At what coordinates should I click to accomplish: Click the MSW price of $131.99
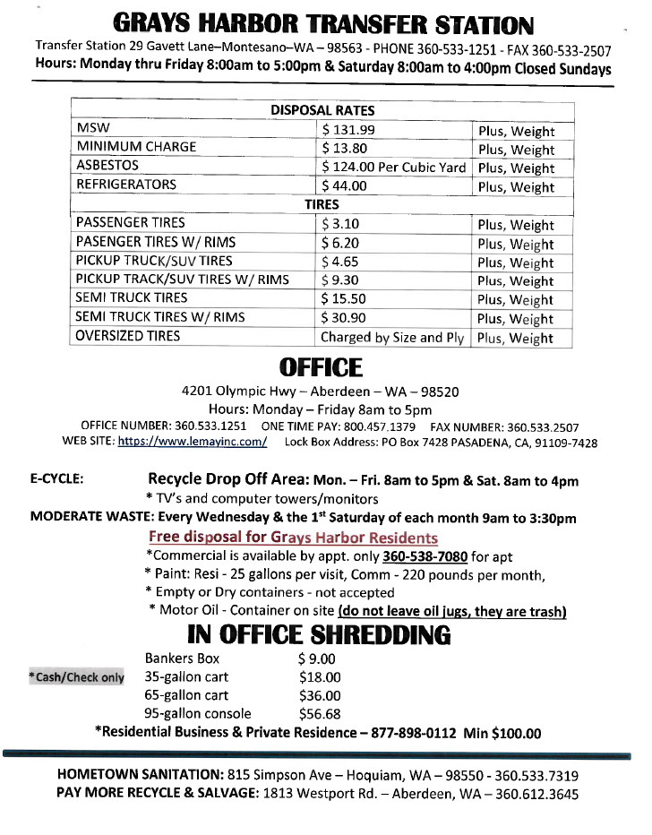point(348,130)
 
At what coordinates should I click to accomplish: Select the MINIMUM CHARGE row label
point(136,147)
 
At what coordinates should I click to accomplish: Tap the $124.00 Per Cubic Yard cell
point(394,167)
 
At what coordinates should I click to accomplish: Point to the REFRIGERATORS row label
point(126,185)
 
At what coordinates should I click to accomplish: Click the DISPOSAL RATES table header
point(322,110)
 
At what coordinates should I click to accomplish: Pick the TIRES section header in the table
point(322,204)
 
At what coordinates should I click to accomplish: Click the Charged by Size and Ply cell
point(393,338)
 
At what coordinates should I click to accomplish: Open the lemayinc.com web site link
point(193,442)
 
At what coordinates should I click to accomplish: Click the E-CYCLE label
point(57,479)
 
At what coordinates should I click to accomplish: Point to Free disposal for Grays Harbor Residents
point(293,538)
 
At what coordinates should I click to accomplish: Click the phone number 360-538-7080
point(425,556)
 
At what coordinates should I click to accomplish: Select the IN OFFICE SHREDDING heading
point(319,635)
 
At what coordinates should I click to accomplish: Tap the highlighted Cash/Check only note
point(77,677)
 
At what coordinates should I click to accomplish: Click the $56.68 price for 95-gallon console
point(320,714)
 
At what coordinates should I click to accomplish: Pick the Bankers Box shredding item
point(182,659)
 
